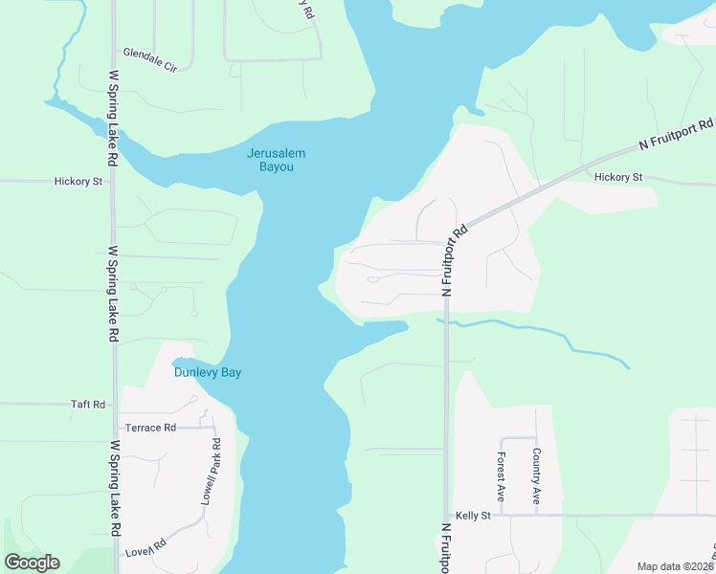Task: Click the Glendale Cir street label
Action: [150, 53]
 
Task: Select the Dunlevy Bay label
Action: [207, 372]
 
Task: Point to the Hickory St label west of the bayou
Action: [78, 181]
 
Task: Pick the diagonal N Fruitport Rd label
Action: [677, 135]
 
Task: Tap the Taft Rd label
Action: [87, 405]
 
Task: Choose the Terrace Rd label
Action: [157, 428]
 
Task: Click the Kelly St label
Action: [473, 516]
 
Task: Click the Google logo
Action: [32, 563]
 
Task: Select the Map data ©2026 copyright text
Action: [676, 566]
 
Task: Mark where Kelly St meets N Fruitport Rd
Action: [446, 516]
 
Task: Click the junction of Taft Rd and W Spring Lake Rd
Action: [114, 404]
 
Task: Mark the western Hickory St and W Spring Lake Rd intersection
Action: [113, 180]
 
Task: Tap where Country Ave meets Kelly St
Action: [536, 516]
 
